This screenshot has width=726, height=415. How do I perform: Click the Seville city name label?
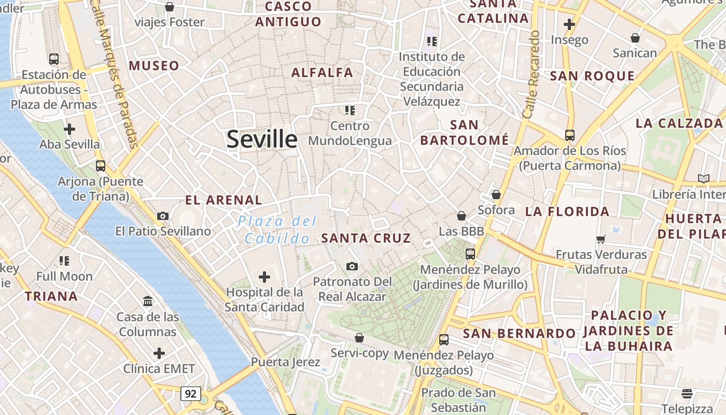pyautogui.click(x=262, y=139)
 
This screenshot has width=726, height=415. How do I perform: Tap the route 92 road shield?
pyautogui.click(x=191, y=394)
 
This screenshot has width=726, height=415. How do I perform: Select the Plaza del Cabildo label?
pyautogui.click(x=277, y=230)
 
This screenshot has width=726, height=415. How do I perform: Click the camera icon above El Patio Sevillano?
pyautogui.click(x=163, y=216)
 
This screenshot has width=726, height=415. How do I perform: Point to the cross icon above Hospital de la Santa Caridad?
pyautogui.click(x=264, y=277)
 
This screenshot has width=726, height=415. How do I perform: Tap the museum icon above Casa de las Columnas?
pyautogui.click(x=148, y=301)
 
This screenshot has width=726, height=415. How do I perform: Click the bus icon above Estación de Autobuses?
pyautogui.click(x=53, y=59)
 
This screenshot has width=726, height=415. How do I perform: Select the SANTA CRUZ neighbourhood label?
pyautogui.click(x=366, y=238)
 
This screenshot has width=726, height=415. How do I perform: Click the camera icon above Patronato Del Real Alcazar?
pyautogui.click(x=352, y=267)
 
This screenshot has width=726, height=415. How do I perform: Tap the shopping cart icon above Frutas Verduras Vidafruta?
pyautogui.click(x=601, y=240)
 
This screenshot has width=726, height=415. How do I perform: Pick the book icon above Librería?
pyautogui.click(x=703, y=179)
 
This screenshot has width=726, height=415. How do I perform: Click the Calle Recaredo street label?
pyautogui.click(x=532, y=74)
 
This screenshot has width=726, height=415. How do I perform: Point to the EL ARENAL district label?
pyautogui.click(x=224, y=200)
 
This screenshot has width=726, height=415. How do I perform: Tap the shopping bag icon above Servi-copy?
pyautogui.click(x=359, y=338)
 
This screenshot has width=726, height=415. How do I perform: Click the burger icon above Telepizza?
pyautogui.click(x=687, y=393)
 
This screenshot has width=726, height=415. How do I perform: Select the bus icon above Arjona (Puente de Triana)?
pyautogui.click(x=101, y=166)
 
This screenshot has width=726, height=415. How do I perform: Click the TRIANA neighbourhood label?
pyautogui.click(x=51, y=296)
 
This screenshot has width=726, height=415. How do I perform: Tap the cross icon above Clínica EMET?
pyautogui.click(x=159, y=354)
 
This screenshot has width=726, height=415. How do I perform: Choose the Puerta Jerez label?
pyautogui.click(x=285, y=362)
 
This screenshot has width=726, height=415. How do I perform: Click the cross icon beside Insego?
pyautogui.click(x=569, y=24)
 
